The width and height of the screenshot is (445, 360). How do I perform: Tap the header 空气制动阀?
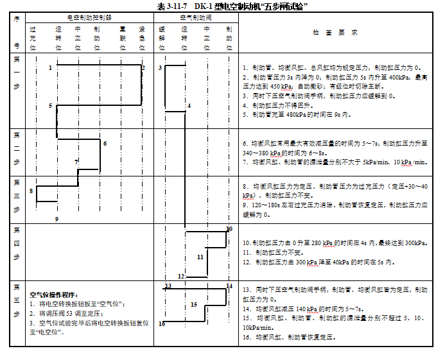tap(196, 18)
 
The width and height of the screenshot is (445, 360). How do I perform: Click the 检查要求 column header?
tap(335, 32)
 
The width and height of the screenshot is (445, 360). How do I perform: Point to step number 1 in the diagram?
tap(50, 67)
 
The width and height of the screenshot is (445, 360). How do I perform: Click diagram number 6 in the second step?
tap(104, 143)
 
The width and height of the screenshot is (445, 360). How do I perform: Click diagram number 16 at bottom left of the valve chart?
tap(162, 324)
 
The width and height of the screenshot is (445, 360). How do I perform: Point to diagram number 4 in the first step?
tap(189, 105)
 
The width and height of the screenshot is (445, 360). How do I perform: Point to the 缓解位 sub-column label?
tap(161, 39)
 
